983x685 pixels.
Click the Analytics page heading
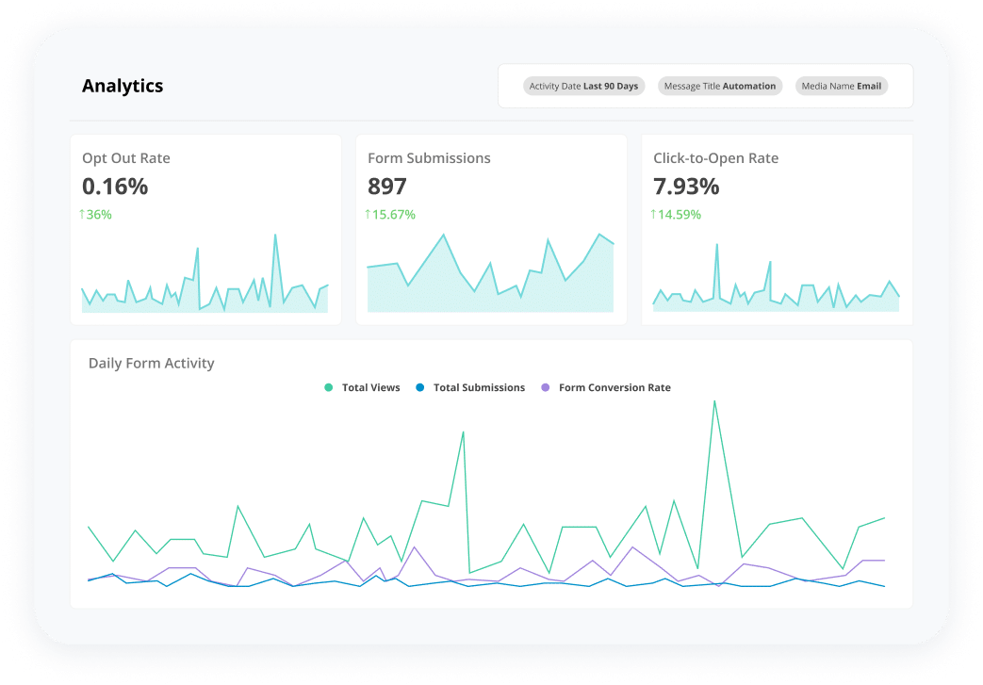click(123, 86)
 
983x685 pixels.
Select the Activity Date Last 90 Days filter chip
click(583, 86)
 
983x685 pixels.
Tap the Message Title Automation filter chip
click(720, 86)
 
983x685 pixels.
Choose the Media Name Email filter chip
click(841, 86)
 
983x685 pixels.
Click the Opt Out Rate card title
click(126, 158)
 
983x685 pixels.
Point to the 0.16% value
click(115, 187)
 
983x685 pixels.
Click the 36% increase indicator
click(95, 215)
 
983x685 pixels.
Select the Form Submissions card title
click(429, 158)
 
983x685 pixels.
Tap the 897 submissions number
click(387, 187)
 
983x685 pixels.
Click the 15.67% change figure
click(390, 215)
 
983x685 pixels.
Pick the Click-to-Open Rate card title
click(715, 158)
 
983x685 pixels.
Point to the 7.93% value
click(686, 187)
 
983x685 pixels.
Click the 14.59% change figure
click(676, 215)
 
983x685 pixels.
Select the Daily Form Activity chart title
click(152, 363)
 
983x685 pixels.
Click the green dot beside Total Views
click(329, 387)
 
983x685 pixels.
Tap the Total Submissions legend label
click(479, 387)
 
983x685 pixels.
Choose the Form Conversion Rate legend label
click(614, 387)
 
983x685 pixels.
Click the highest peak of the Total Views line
click(714, 401)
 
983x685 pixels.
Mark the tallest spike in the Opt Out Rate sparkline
click(275, 235)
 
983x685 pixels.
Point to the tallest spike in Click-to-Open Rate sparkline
click(716, 245)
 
